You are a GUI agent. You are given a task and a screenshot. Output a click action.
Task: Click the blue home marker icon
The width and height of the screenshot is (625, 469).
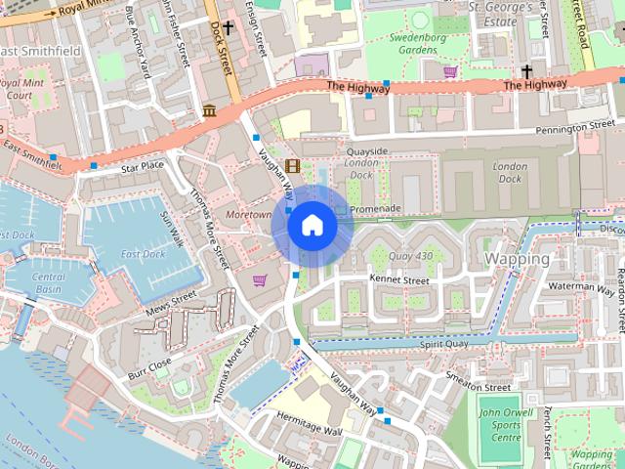(312, 226)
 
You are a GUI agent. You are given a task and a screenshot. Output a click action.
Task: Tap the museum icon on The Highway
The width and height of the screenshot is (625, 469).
(209, 112)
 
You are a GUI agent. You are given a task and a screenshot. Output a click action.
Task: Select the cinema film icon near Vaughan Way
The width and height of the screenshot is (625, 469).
(292, 164)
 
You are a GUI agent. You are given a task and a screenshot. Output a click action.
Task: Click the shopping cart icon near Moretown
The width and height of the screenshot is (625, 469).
(260, 280)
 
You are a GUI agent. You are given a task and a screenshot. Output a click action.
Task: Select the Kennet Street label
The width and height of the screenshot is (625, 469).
(399, 279)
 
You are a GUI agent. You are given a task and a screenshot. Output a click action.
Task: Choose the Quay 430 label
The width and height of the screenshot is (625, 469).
(410, 257)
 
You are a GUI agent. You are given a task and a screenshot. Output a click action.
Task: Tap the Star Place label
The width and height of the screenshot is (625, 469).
(143, 168)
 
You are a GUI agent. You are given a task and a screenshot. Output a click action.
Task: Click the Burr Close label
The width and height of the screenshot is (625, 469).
(149, 367)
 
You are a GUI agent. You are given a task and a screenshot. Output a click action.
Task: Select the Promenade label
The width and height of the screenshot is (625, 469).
(375, 209)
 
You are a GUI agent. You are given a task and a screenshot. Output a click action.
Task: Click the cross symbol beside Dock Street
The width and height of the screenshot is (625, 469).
(229, 29)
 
